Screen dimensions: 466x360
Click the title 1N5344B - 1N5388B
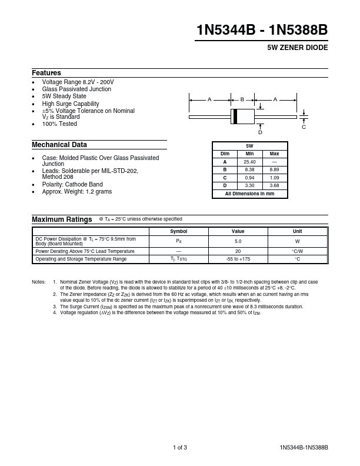262,31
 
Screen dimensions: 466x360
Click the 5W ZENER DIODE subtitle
298,48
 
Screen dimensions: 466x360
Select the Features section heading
46,72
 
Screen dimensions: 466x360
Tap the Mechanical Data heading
59,145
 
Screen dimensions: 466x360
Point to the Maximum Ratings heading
62,219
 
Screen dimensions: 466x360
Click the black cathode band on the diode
235,116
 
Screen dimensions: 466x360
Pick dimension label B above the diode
242,100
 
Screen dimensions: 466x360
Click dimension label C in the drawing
304,127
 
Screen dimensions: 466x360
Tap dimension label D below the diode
260,132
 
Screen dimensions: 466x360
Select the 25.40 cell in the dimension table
249,161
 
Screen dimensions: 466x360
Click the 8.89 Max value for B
274,169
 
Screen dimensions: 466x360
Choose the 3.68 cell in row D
274,185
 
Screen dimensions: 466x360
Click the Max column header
274,154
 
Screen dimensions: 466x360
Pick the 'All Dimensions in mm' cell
249,193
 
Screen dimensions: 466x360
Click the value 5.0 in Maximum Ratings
238,241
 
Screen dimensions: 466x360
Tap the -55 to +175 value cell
238,259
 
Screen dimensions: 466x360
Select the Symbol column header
178,232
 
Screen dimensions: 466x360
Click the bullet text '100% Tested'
59,124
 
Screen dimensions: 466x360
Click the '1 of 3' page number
180,448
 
